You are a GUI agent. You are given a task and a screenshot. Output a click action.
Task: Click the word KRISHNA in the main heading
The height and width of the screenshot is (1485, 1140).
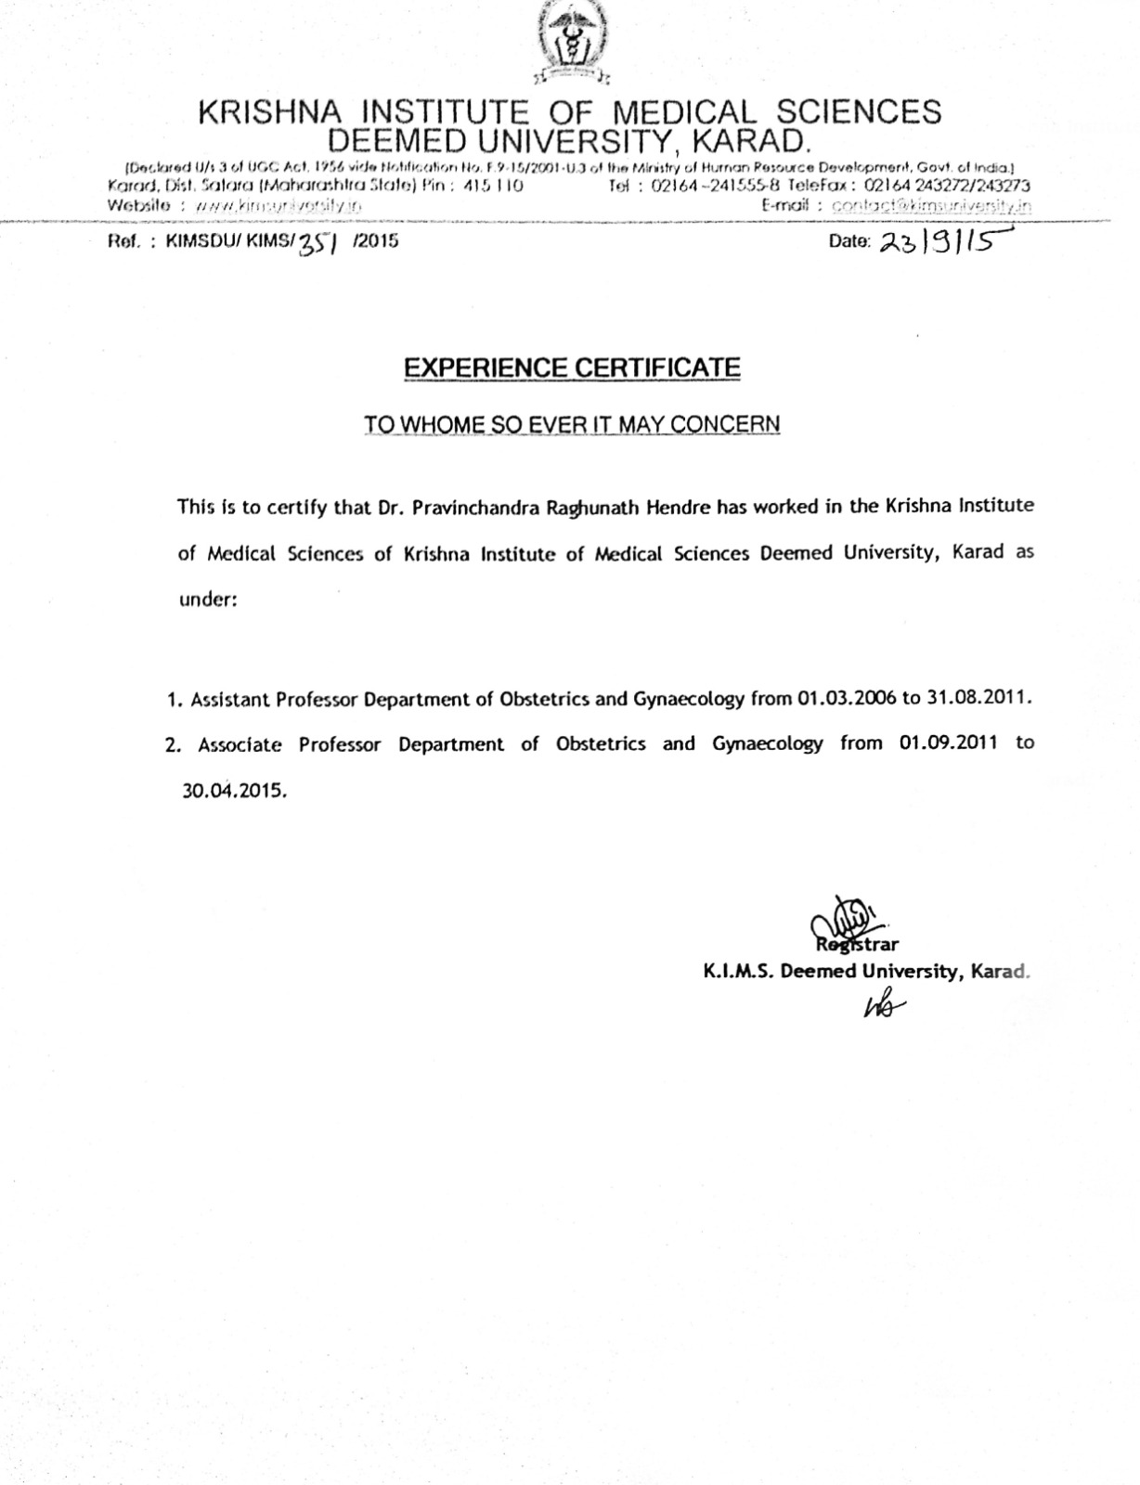click(x=269, y=112)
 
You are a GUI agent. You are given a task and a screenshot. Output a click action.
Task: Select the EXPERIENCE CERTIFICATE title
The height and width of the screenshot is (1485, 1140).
click(x=572, y=368)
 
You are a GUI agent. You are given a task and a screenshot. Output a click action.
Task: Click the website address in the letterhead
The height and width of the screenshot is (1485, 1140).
click(x=274, y=205)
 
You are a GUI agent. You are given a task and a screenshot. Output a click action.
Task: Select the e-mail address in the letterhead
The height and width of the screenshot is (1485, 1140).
click(x=931, y=206)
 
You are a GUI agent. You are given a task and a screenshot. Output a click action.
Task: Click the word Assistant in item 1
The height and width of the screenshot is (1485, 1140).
click(x=230, y=699)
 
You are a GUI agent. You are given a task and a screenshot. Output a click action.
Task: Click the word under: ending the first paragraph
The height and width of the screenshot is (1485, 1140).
click(x=208, y=600)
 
